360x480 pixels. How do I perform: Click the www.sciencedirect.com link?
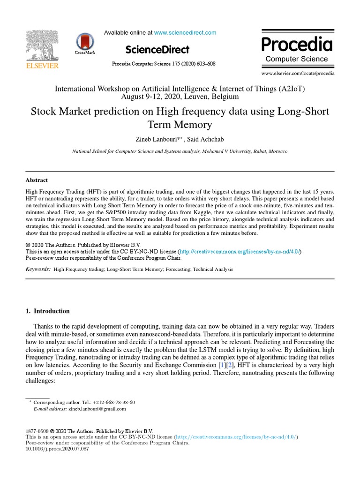(185, 33)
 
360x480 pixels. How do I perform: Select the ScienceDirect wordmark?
(157, 50)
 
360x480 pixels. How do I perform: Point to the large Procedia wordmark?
(297, 45)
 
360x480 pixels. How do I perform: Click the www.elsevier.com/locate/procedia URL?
(298, 74)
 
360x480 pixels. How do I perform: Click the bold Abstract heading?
(37, 180)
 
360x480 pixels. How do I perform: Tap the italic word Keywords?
(38, 269)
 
